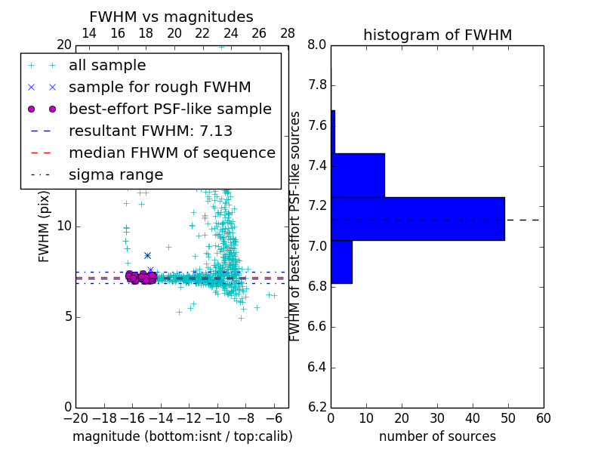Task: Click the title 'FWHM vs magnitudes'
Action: pyautogui.click(x=171, y=17)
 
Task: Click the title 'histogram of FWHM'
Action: pyautogui.click(x=437, y=35)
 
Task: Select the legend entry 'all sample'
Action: pyautogui.click(x=107, y=66)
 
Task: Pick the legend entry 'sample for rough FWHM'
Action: pyautogui.click(x=159, y=87)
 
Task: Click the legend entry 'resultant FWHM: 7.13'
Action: pyautogui.click(x=150, y=131)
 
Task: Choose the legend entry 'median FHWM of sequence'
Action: pyautogui.click(x=171, y=153)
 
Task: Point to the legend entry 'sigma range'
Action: pyautogui.click(x=116, y=174)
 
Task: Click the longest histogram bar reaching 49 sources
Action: pyautogui.click(x=418, y=218)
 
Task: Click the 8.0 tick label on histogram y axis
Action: pyautogui.click(x=317, y=45)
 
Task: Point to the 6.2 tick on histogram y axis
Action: pyautogui.click(x=317, y=408)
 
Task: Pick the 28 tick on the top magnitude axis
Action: pyautogui.click(x=288, y=33)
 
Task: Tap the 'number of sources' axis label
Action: pyautogui.click(x=437, y=436)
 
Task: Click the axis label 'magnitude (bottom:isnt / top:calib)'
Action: pyautogui.click(x=182, y=436)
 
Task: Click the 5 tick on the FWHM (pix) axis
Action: pyautogui.click(x=66, y=316)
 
